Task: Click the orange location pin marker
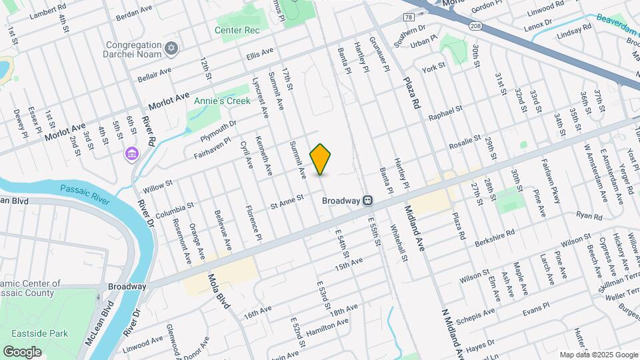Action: pyautogui.click(x=321, y=159)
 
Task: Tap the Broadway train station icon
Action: pyautogui.click(x=367, y=200)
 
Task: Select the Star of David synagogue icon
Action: pyautogui.click(x=172, y=48)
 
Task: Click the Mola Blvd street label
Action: pyautogui.click(x=218, y=291)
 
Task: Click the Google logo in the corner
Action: pyautogui.click(x=22, y=351)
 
